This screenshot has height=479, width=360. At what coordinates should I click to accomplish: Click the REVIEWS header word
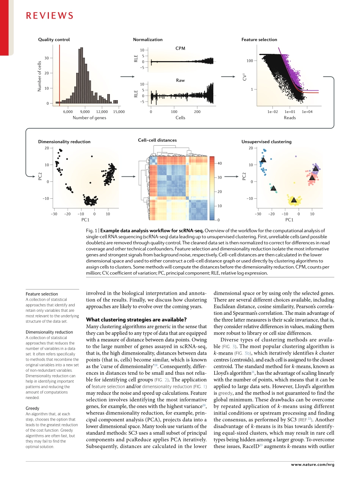(49, 16)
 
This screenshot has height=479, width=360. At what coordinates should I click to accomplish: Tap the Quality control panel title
(54, 39)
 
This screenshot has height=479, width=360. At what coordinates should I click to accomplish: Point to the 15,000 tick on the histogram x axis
(119, 112)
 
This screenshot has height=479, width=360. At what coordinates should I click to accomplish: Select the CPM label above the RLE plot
(180, 48)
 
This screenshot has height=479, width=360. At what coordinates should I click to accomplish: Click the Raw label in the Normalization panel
(180, 80)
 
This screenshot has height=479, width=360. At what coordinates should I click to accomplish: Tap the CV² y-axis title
(245, 77)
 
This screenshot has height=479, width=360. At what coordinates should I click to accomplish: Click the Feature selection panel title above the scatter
(259, 39)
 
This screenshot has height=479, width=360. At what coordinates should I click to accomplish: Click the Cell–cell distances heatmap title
(157, 140)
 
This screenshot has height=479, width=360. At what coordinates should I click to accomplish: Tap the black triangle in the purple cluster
(316, 168)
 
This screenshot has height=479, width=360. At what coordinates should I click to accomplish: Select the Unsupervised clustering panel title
(266, 141)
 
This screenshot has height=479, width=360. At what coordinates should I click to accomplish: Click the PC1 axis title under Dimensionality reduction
(85, 220)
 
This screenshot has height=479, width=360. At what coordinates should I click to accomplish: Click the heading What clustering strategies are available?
(136, 319)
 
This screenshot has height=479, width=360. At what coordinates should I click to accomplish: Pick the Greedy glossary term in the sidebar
(32, 408)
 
